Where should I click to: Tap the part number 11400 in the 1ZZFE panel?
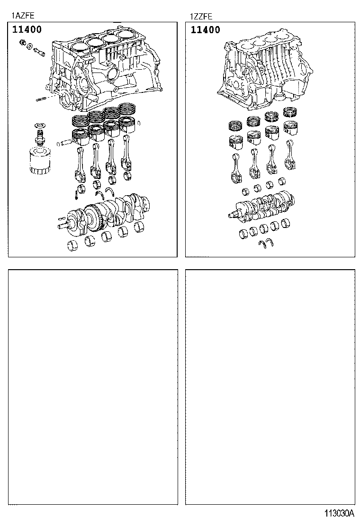[x=205, y=30]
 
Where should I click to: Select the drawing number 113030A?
[x=339, y=513]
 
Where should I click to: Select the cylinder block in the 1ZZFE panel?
[x=265, y=71]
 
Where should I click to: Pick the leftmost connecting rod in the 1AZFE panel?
[x=80, y=164]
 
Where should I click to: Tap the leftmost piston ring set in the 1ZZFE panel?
[x=235, y=126]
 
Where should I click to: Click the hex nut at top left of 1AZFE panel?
[x=22, y=44]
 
